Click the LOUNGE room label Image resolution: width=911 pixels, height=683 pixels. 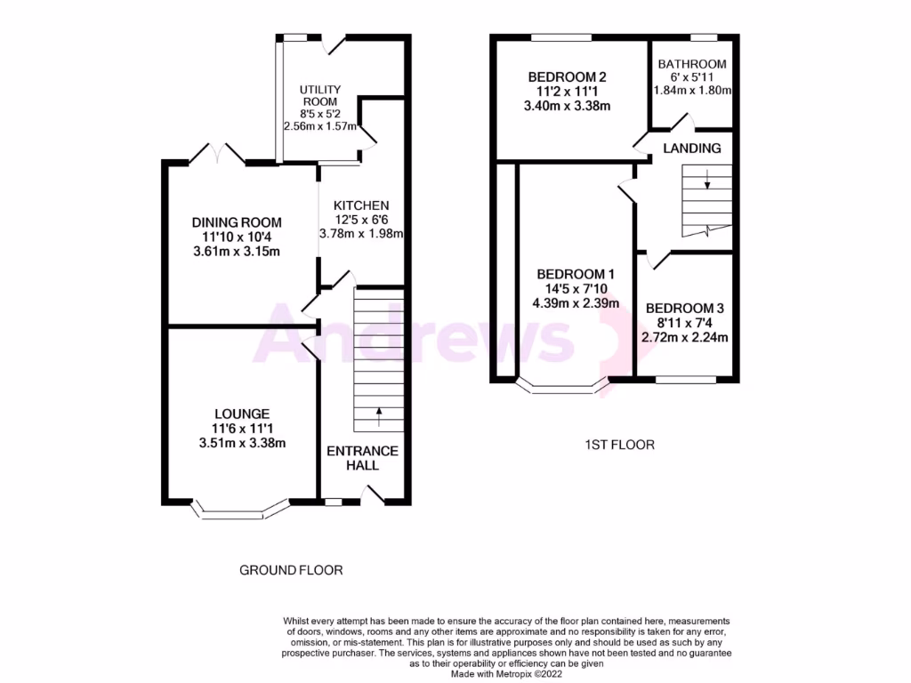point(241,414)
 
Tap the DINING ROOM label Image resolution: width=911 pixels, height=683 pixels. point(237,222)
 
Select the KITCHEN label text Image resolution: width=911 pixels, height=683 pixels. point(361,205)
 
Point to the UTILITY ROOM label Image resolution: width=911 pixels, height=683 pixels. point(318,96)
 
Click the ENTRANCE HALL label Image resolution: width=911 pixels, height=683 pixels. point(362,458)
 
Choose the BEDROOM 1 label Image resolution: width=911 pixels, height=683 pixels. point(574,273)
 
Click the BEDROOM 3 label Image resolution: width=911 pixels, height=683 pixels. point(686,308)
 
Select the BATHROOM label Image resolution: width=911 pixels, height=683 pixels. point(692,64)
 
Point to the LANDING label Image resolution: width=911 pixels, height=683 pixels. point(692,148)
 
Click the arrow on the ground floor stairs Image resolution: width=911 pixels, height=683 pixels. point(380,412)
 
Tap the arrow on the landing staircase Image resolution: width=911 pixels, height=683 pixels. point(707,183)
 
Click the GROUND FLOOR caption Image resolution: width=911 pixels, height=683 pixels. point(291,570)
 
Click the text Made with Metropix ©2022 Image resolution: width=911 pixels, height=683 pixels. point(506,674)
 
